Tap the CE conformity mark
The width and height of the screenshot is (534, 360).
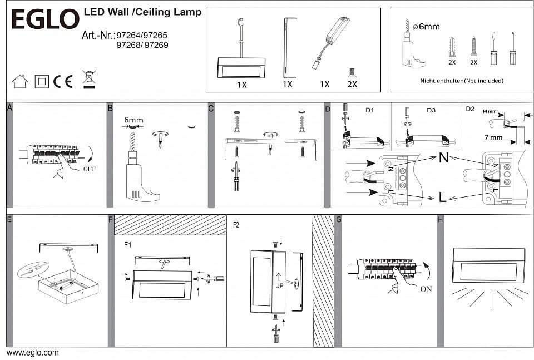(63, 82)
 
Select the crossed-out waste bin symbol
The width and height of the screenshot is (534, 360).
(88, 80)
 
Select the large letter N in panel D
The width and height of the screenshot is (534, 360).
(444, 157)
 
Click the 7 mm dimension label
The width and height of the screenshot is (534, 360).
(493, 137)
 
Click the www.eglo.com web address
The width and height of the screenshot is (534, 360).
(32, 353)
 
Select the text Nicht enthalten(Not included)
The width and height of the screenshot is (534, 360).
(462, 81)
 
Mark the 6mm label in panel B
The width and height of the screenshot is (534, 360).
(133, 120)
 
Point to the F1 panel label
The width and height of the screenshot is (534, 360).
(127, 244)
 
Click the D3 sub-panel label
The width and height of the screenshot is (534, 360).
(431, 110)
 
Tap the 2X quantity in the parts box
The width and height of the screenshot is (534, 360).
(352, 84)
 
